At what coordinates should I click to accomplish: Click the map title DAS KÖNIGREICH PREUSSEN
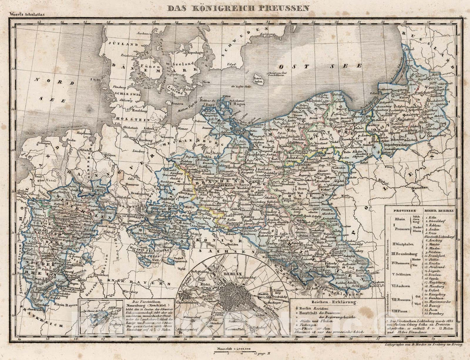click(x=239, y=8)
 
